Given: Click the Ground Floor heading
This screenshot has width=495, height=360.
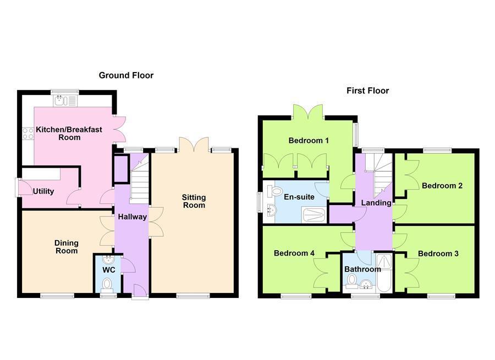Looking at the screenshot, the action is tap(126, 75).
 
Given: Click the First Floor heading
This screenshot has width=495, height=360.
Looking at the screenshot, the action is tap(368, 91).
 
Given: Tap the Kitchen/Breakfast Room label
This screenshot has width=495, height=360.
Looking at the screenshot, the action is tap(69, 134).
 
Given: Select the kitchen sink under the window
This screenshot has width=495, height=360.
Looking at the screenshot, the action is tap(65, 101).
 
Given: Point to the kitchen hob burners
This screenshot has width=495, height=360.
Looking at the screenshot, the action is tap(28, 134).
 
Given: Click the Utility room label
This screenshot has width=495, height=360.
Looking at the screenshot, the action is tap(43, 191).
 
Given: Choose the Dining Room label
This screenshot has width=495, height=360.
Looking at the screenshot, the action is tap(67, 247).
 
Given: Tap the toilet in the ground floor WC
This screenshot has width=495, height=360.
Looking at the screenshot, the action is tap(107, 284).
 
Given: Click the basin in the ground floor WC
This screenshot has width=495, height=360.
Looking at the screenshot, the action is tap(108, 260).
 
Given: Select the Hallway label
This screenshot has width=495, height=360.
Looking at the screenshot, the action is tap(133, 217).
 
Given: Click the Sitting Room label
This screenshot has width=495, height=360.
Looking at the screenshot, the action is tap(194, 201).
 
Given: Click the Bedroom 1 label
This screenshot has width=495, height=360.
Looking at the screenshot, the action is tap(309, 140).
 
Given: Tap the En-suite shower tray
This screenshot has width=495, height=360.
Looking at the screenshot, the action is tap(314, 215).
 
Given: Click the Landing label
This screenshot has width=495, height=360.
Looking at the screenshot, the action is tap(376, 203).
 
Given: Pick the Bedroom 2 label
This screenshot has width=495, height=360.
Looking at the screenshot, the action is tap(442, 186).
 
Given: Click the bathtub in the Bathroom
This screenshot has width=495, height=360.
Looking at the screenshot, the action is tap(384, 272).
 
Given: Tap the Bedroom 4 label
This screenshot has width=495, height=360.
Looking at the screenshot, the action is tap(294, 253).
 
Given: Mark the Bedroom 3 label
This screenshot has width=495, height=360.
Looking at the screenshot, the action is tap(438, 254).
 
